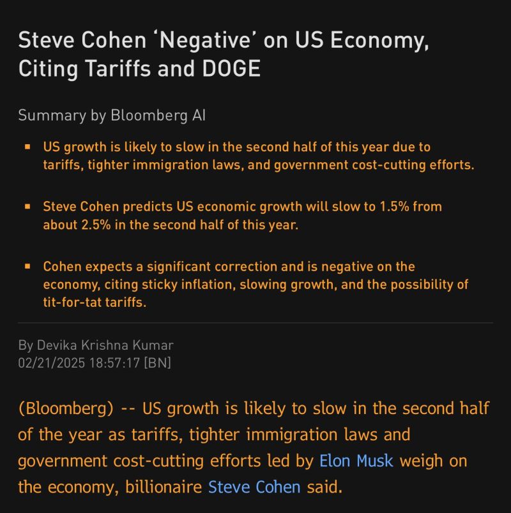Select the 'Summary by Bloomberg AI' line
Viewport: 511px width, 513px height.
click(112, 115)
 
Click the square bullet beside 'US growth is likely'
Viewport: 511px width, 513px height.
click(27, 147)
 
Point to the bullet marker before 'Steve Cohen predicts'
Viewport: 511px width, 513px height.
click(27, 207)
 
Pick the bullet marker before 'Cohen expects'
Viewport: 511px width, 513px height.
click(27, 266)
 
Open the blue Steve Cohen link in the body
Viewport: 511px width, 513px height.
click(254, 487)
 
